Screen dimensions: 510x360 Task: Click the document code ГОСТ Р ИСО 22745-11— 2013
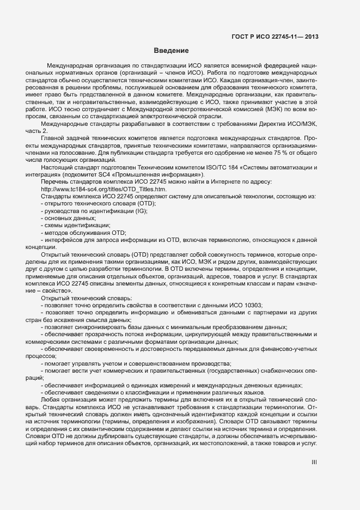[275, 37]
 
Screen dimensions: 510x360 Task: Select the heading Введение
[171, 51]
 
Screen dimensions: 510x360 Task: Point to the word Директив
[271, 124]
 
